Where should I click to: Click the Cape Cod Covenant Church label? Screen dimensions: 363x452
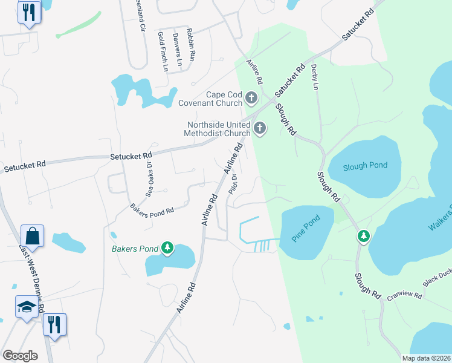pyautogui.click(x=215, y=98)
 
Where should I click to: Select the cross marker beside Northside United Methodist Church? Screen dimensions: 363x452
pyautogui.click(x=260, y=128)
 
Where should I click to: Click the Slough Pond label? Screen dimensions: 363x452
pyautogui.click(x=363, y=168)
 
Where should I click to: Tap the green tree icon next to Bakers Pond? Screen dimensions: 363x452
pyautogui.click(x=167, y=247)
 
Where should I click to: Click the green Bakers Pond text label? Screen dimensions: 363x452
pyautogui.click(x=134, y=248)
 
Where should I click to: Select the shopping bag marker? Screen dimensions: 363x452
pyautogui.click(x=32, y=235)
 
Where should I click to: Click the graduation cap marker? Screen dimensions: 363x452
pyautogui.click(x=27, y=307)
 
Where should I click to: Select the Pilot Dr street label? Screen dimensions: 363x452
pyautogui.click(x=234, y=184)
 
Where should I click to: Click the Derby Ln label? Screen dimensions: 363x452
pyautogui.click(x=314, y=77)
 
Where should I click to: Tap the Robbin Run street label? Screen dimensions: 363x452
pyautogui.click(x=192, y=45)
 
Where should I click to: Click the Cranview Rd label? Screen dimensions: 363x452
pyautogui.click(x=404, y=293)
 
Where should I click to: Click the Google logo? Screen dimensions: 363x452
pyautogui.click(x=20, y=355)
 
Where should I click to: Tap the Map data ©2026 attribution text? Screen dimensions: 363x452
pyautogui.click(x=425, y=358)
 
